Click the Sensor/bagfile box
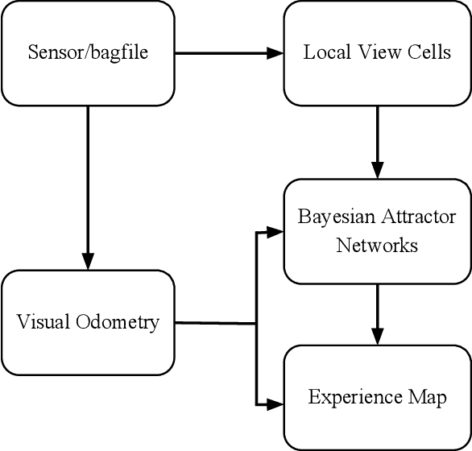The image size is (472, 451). tap(88, 53)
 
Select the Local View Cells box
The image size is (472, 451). tap(377, 53)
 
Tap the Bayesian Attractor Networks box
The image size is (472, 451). tap(377, 231)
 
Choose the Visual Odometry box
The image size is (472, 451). tap(88, 323)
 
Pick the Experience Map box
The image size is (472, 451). tap(377, 397)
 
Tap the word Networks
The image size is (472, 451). tap(377, 245)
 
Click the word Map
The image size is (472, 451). tap(429, 398)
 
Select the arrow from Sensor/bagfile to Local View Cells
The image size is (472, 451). tap(229, 53)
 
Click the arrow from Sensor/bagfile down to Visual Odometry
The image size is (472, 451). tap(88, 185)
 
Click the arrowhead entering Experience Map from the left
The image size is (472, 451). tap(275, 402)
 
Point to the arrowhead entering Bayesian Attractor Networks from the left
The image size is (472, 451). tap(275, 232)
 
